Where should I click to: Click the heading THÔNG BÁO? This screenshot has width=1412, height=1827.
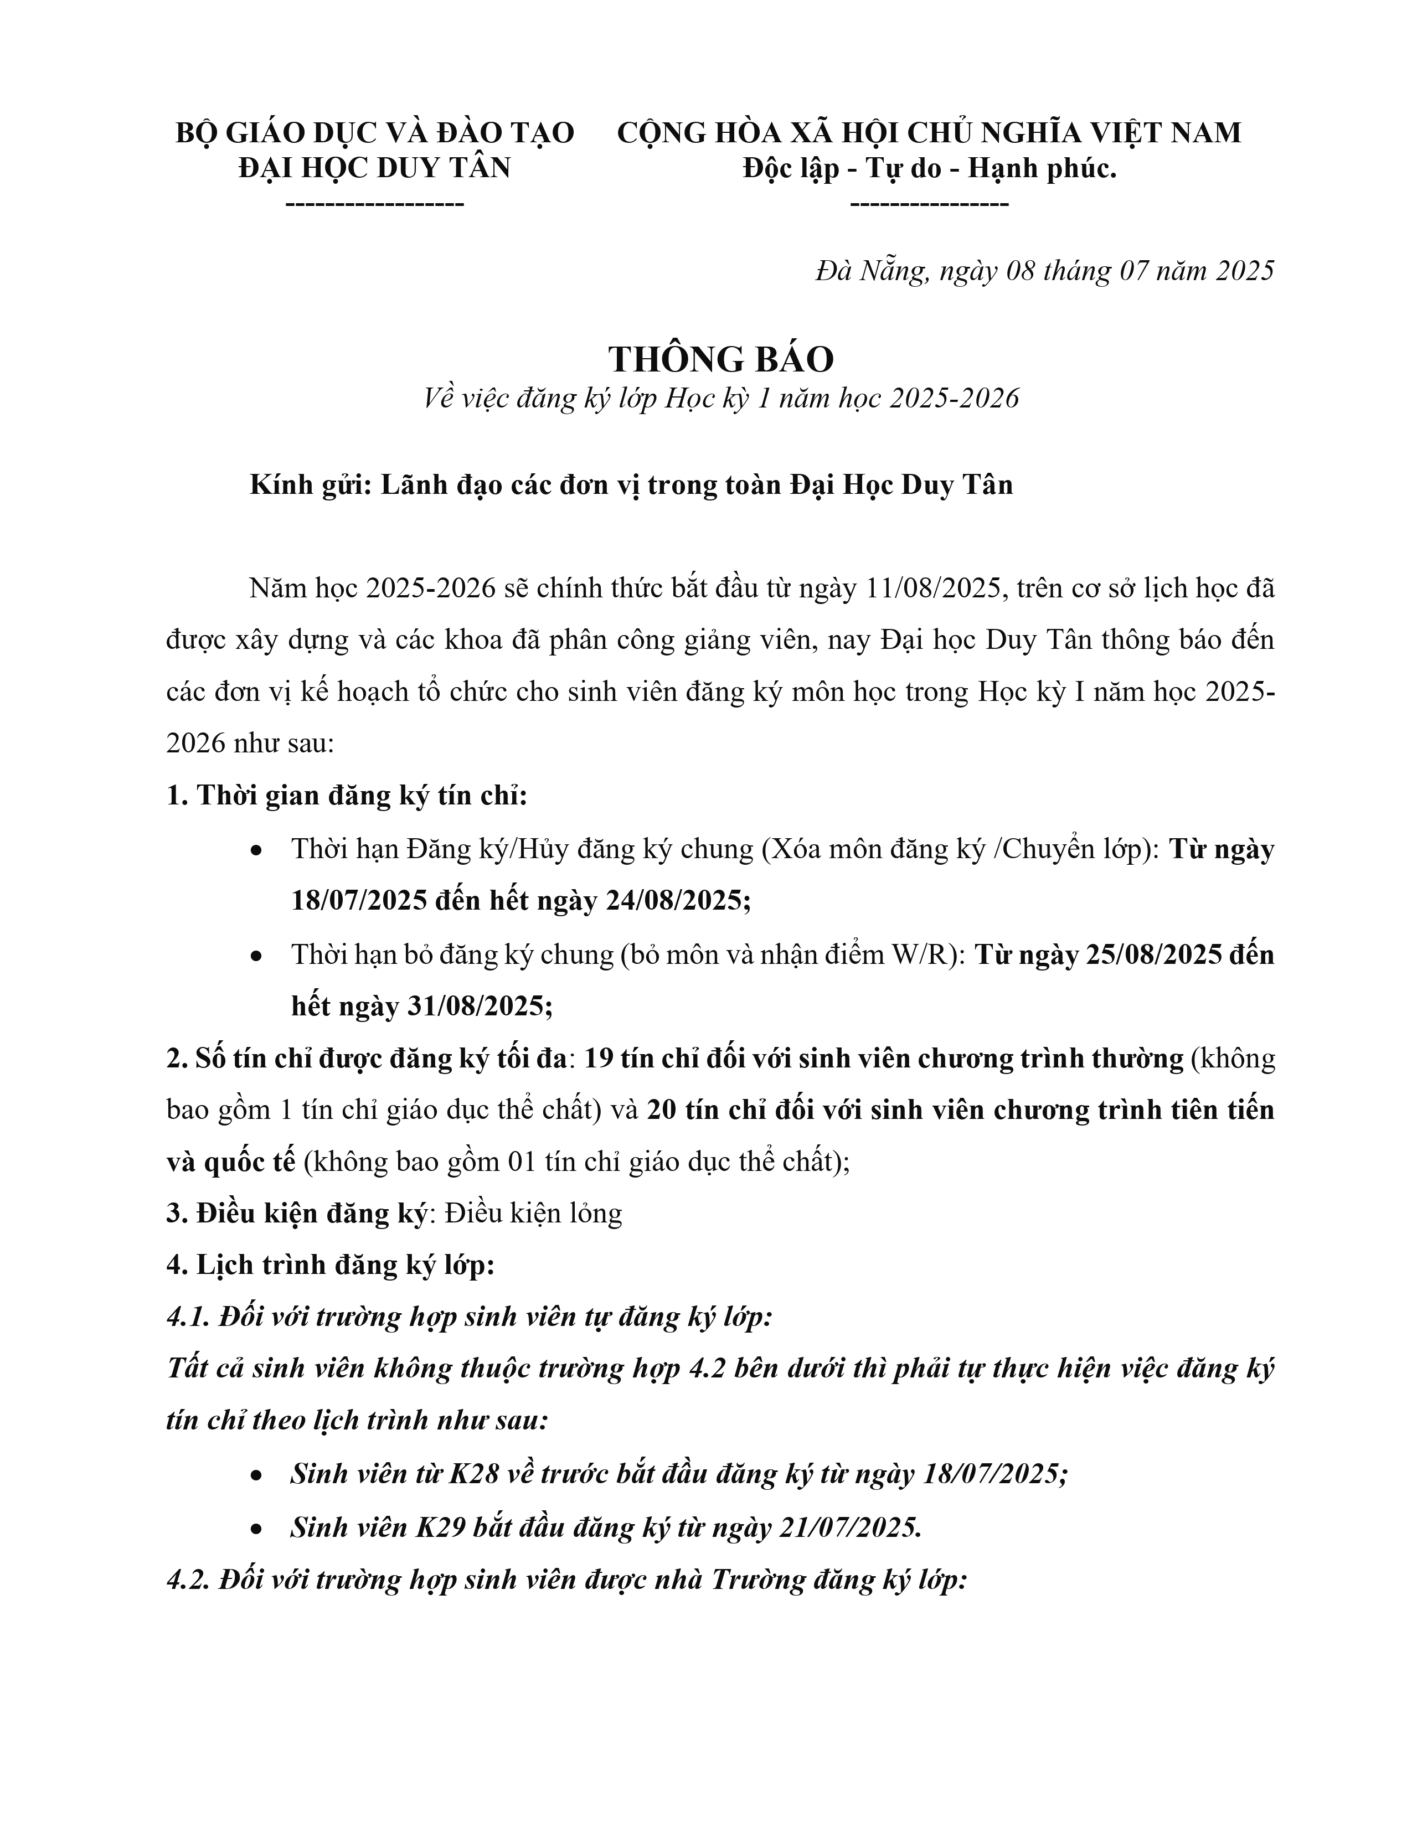coord(720,360)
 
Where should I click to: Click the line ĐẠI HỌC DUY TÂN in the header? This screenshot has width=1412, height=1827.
coord(374,168)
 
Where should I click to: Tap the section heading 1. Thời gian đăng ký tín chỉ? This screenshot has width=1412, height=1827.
coord(346,796)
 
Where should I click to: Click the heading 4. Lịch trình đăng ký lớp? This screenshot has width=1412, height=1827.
coord(331,1266)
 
